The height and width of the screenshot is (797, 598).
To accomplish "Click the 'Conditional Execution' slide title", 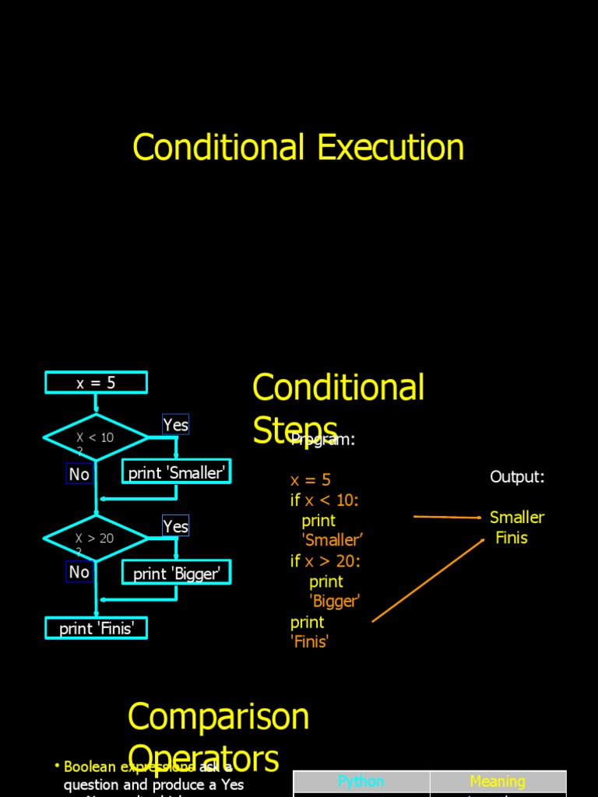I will pyautogui.click(x=298, y=147).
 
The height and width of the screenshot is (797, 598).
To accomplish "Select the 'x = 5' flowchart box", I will pyautogui.click(x=96, y=382).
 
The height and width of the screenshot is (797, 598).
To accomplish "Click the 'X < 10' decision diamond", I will pyautogui.click(x=95, y=437).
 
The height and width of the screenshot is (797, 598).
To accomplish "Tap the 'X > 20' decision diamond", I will pyautogui.click(x=95, y=538).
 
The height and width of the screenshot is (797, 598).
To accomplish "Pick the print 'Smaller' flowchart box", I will pyautogui.click(x=177, y=472).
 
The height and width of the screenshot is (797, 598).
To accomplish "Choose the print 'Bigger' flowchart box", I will pyautogui.click(x=177, y=574).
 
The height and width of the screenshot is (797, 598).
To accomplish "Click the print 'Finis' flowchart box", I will pyautogui.click(x=97, y=628).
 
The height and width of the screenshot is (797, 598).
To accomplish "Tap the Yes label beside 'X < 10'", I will pyautogui.click(x=176, y=425).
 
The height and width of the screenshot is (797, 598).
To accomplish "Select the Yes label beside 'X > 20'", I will pyautogui.click(x=176, y=526).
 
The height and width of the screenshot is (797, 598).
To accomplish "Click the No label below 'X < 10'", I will pyautogui.click(x=79, y=474).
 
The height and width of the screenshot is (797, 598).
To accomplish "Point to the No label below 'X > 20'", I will pyautogui.click(x=79, y=572).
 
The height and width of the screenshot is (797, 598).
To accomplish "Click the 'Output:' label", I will pyautogui.click(x=517, y=476).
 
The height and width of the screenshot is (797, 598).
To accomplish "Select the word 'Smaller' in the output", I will pyautogui.click(x=517, y=517).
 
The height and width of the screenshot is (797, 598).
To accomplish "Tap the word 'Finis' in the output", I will pyautogui.click(x=512, y=537).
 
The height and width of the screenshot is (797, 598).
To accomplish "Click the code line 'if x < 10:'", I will pyautogui.click(x=325, y=500).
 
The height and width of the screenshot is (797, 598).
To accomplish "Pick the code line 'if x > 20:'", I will pyautogui.click(x=325, y=560).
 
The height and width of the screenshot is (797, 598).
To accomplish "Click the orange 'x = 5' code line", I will pyautogui.click(x=311, y=479).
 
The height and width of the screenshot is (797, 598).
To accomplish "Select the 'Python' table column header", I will pyautogui.click(x=361, y=781).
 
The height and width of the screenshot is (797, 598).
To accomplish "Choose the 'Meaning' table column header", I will pyautogui.click(x=498, y=781).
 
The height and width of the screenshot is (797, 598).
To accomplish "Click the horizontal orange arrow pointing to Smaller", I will pyautogui.click(x=447, y=517).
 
